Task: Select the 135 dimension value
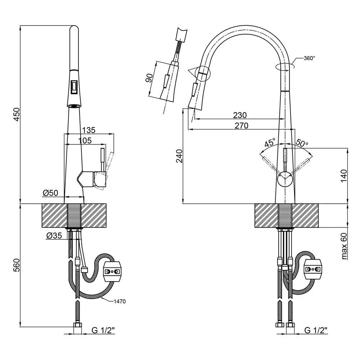click(89, 130)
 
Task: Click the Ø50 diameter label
click(50, 193)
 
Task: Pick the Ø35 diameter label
click(54, 236)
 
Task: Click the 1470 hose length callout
click(119, 301)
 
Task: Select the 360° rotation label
click(309, 58)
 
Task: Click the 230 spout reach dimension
click(240, 115)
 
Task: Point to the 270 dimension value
click(242, 126)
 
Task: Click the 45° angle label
click(270, 143)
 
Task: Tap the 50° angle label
click(302, 143)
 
